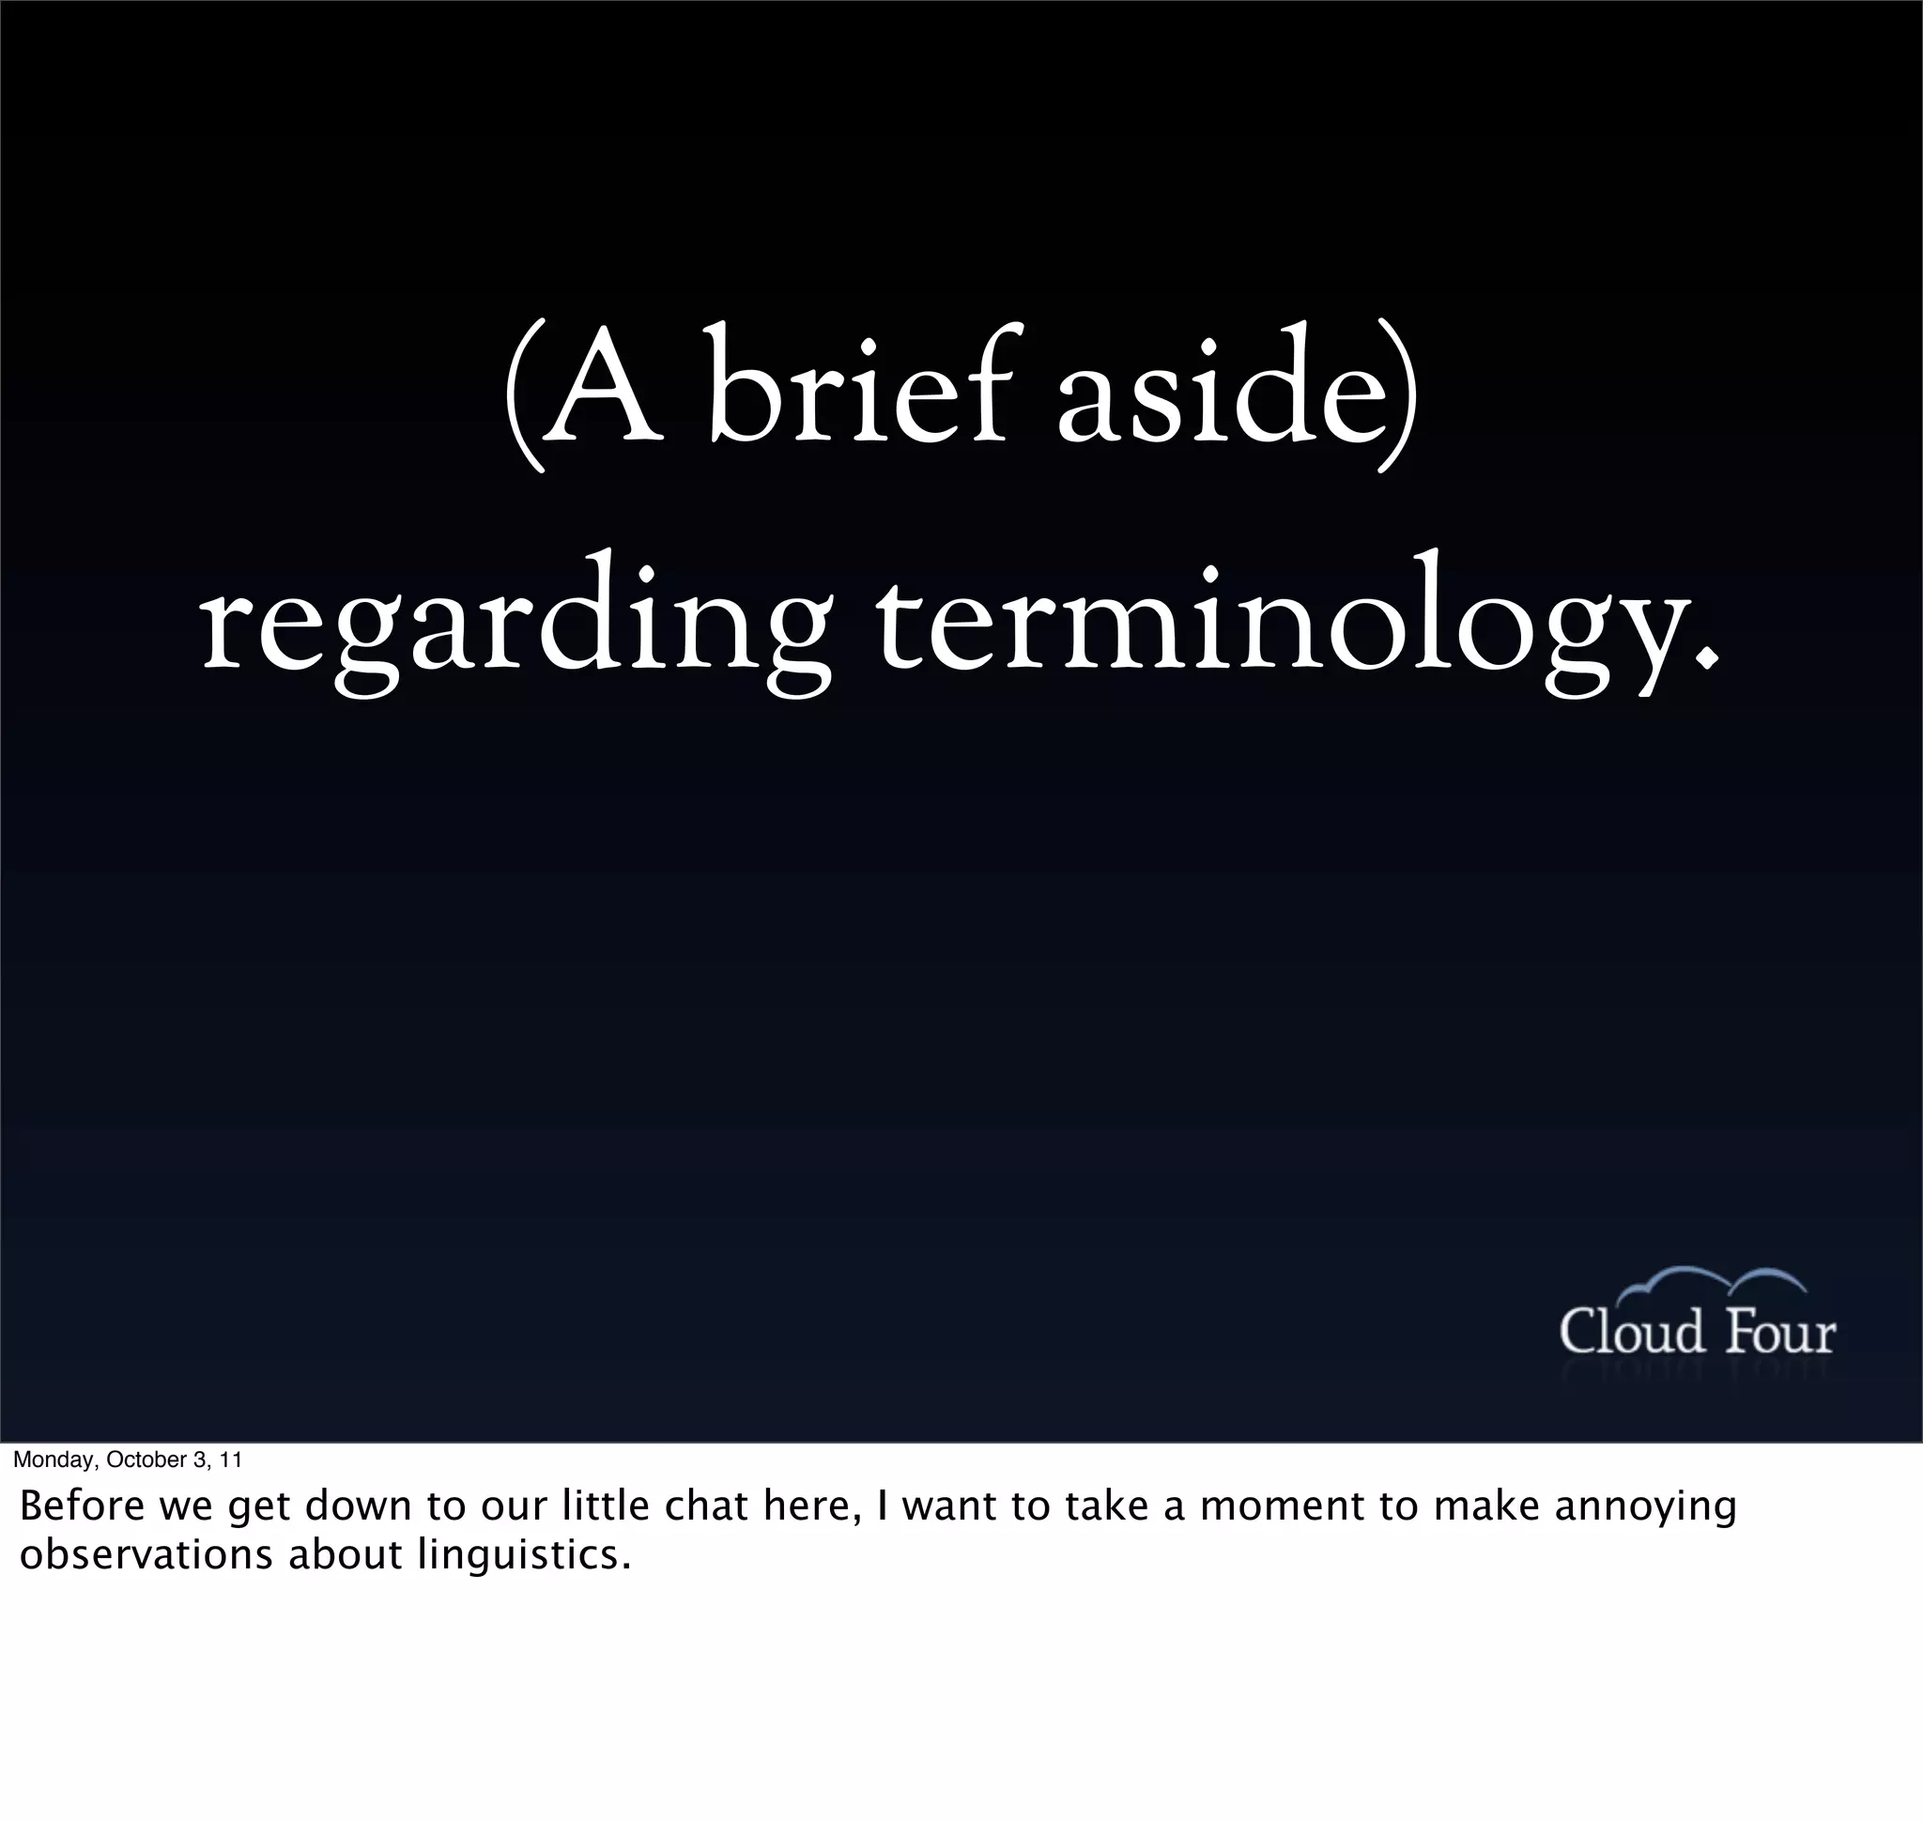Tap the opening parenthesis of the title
521,398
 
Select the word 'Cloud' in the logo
1631,1332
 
